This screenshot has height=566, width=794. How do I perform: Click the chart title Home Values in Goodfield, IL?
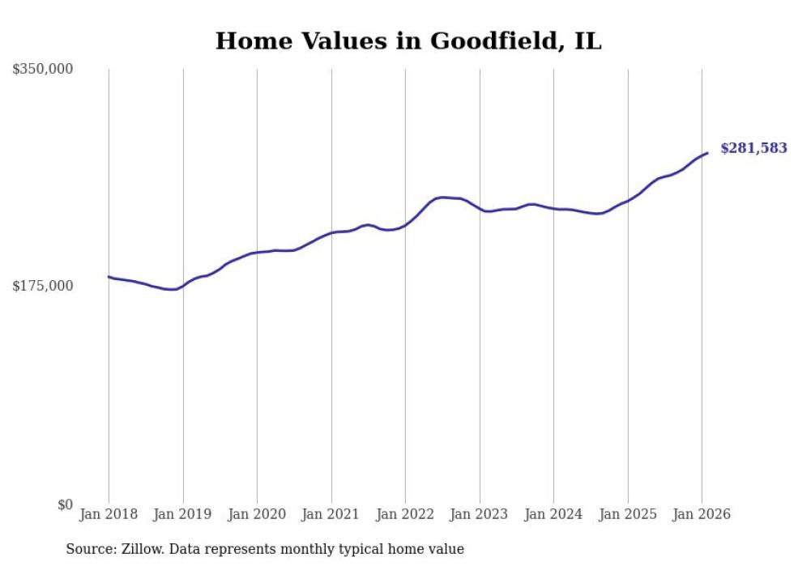tap(408, 41)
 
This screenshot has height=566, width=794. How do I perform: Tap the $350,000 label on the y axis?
tap(43, 70)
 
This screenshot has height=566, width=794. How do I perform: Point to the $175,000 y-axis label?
tap(43, 286)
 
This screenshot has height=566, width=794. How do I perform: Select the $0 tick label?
tap(65, 504)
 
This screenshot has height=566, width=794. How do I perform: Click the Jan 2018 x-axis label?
tap(109, 514)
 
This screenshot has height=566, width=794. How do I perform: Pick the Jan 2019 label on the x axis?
tap(183, 514)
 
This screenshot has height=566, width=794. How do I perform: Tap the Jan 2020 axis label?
tap(257, 514)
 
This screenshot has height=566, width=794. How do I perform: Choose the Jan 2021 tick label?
tap(331, 514)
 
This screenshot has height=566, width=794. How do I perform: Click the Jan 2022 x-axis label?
tap(405, 514)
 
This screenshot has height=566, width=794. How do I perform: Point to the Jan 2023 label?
tap(480, 514)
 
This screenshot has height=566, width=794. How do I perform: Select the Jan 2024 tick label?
tap(553, 514)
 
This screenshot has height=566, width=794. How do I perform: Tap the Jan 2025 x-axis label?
tap(628, 514)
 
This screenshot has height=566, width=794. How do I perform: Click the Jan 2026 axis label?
tap(702, 514)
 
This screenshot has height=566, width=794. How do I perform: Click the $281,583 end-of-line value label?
tap(753, 148)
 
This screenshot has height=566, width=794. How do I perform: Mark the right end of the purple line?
tap(707, 153)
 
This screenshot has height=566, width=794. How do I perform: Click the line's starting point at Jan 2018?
tap(109, 277)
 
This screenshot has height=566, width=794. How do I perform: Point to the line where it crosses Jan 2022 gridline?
tap(405, 225)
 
